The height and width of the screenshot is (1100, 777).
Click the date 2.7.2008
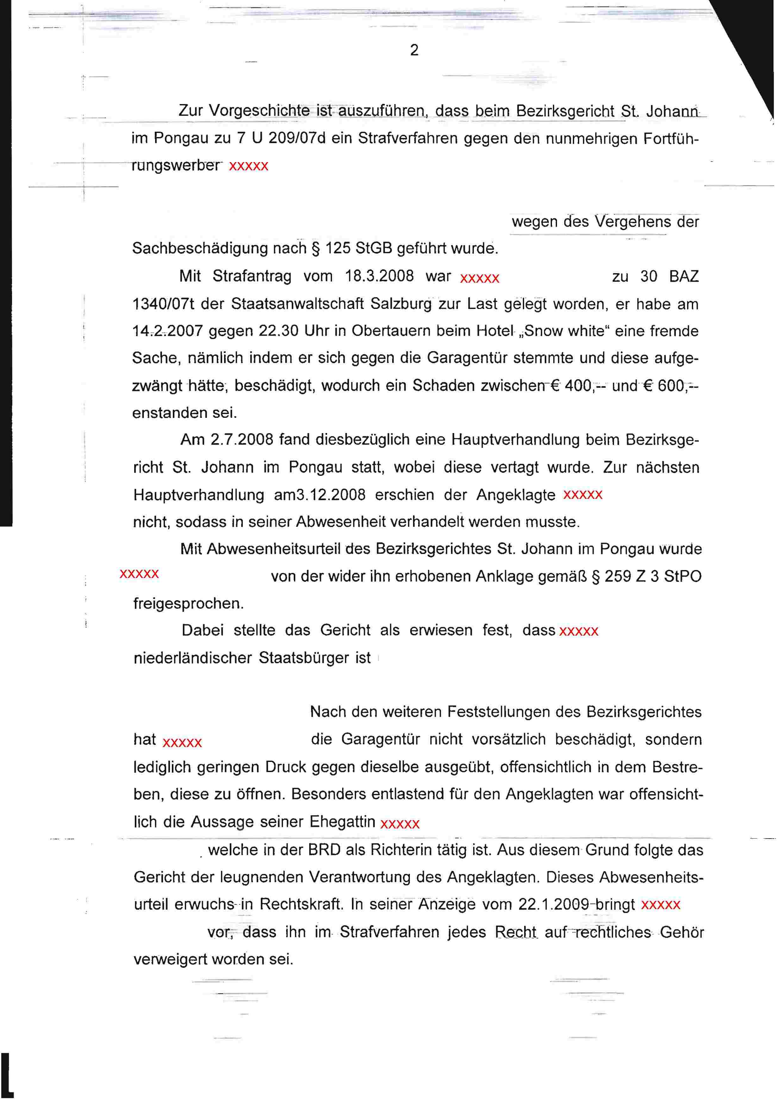[242, 440]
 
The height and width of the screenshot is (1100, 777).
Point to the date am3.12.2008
[320, 495]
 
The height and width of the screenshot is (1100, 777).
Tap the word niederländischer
[192, 658]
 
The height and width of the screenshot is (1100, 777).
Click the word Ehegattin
[342, 822]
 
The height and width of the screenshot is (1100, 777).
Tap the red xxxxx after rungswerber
[249, 166]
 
